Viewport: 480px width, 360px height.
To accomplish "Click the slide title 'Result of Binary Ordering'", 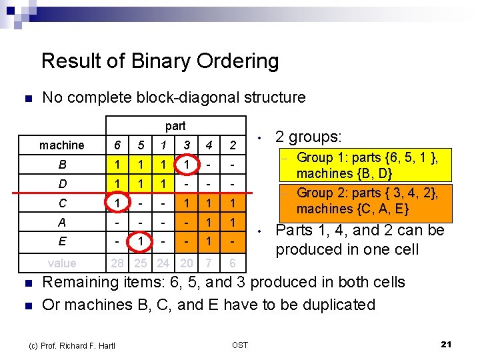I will (x=160, y=61).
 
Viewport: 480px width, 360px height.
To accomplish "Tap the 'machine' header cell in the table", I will (x=62, y=145).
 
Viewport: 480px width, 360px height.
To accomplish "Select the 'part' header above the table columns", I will (x=175, y=126).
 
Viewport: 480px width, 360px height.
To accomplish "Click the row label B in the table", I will (x=62, y=164).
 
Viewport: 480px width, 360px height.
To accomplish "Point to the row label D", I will (x=62, y=183).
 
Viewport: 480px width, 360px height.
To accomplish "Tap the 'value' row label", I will (x=62, y=263).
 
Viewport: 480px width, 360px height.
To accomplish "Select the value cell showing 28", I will (x=117, y=263).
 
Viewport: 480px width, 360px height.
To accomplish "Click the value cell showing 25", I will (x=141, y=263).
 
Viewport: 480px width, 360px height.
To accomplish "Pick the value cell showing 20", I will (x=187, y=263).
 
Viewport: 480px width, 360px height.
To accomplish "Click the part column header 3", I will (x=187, y=145).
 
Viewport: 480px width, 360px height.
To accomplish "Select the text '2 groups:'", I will (x=308, y=137).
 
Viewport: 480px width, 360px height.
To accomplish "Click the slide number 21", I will (x=447, y=344).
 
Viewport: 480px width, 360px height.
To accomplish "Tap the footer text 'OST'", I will (x=240, y=345).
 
